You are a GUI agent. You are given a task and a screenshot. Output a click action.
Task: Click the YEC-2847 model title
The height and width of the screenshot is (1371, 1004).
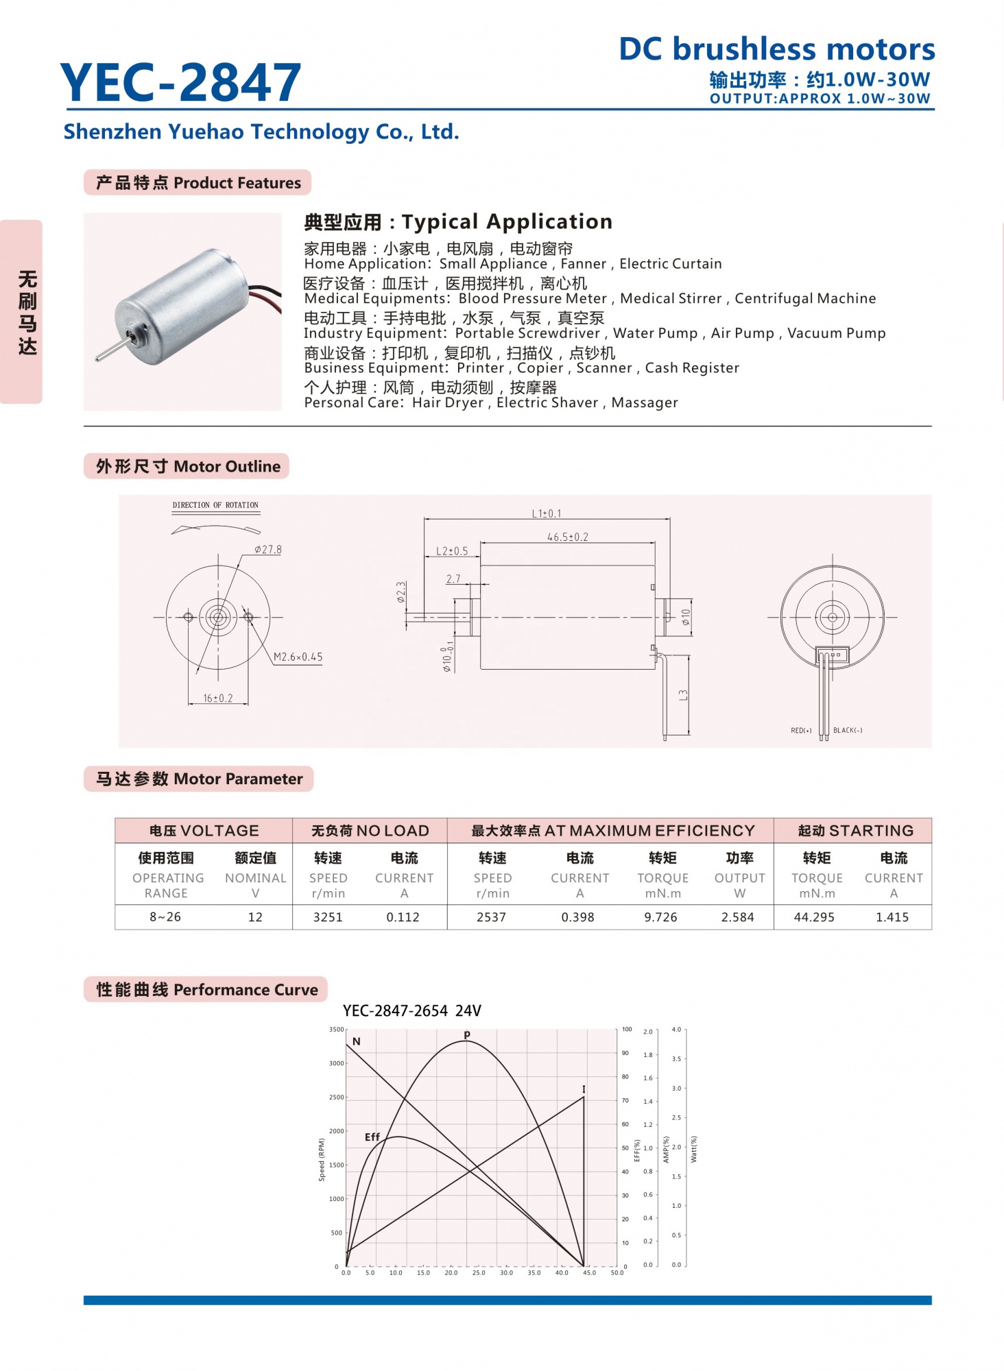(180, 83)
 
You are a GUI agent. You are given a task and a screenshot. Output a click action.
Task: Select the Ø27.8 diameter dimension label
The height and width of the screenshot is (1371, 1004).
(267, 550)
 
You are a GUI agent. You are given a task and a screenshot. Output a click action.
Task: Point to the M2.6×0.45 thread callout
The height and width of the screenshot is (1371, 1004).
(298, 657)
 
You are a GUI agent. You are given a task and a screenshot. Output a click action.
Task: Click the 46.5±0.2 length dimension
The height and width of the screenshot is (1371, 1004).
(567, 537)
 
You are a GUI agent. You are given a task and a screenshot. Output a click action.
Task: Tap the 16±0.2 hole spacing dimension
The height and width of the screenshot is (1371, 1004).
(217, 699)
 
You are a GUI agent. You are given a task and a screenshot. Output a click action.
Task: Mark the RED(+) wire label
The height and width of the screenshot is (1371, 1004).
(800, 731)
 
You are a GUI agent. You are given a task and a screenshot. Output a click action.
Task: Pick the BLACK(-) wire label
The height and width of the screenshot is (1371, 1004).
(848, 731)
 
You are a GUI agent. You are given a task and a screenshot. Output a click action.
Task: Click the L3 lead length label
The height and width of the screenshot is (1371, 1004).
(683, 694)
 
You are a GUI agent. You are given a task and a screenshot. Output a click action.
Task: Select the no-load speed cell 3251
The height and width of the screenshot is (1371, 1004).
(328, 917)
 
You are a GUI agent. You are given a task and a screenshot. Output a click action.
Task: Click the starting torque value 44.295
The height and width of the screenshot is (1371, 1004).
(814, 917)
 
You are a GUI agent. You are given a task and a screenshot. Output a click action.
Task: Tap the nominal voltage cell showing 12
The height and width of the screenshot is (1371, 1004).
(255, 917)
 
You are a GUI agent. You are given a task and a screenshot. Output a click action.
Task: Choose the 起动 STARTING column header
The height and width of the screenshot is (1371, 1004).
(855, 831)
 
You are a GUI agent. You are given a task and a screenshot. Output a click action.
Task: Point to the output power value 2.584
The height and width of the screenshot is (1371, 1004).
(737, 917)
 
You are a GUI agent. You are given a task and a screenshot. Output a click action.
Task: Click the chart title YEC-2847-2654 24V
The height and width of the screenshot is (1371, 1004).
(411, 1010)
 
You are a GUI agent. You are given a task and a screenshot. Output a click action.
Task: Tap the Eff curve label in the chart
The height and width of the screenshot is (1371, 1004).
(372, 1137)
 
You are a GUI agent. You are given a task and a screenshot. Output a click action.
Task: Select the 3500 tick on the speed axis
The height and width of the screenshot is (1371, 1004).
(336, 1030)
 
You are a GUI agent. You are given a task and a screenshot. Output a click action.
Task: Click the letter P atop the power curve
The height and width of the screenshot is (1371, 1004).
(467, 1034)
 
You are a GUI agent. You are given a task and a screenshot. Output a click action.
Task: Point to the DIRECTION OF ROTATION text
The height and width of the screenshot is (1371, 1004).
(215, 505)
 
